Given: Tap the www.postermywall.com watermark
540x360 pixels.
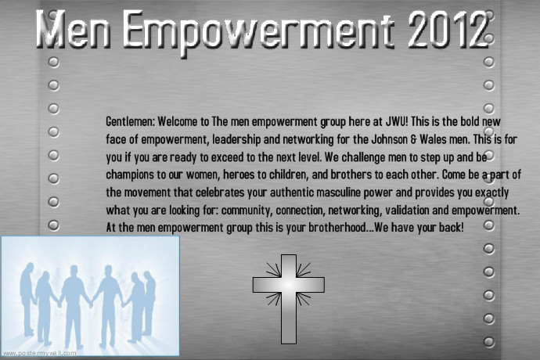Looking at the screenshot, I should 39,353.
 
